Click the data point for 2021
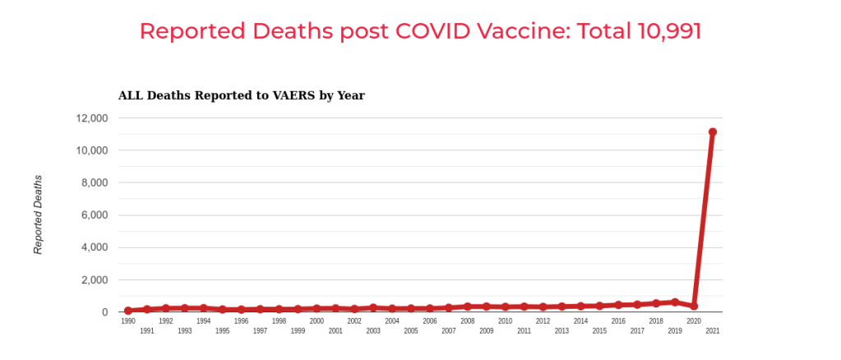pyautogui.click(x=713, y=132)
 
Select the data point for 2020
pyautogui.click(x=694, y=306)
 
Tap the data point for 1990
pyautogui.click(x=128, y=311)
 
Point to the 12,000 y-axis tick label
pyautogui.click(x=91, y=118)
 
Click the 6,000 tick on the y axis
pyautogui.click(x=95, y=215)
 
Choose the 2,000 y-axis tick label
pyautogui.click(x=95, y=280)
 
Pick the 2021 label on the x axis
pyautogui.click(x=713, y=331)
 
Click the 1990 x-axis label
pyautogui.click(x=128, y=321)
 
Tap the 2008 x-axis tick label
pyautogui.click(x=468, y=321)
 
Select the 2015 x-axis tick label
pyautogui.click(x=599, y=331)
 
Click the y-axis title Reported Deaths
pyautogui.click(x=38, y=215)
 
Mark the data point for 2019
pyautogui.click(x=675, y=302)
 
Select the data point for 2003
pyautogui.click(x=373, y=307)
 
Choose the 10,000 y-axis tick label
pyautogui.click(x=91, y=150)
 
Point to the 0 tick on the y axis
pyautogui.click(x=104, y=312)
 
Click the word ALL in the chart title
pyautogui.click(x=130, y=95)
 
